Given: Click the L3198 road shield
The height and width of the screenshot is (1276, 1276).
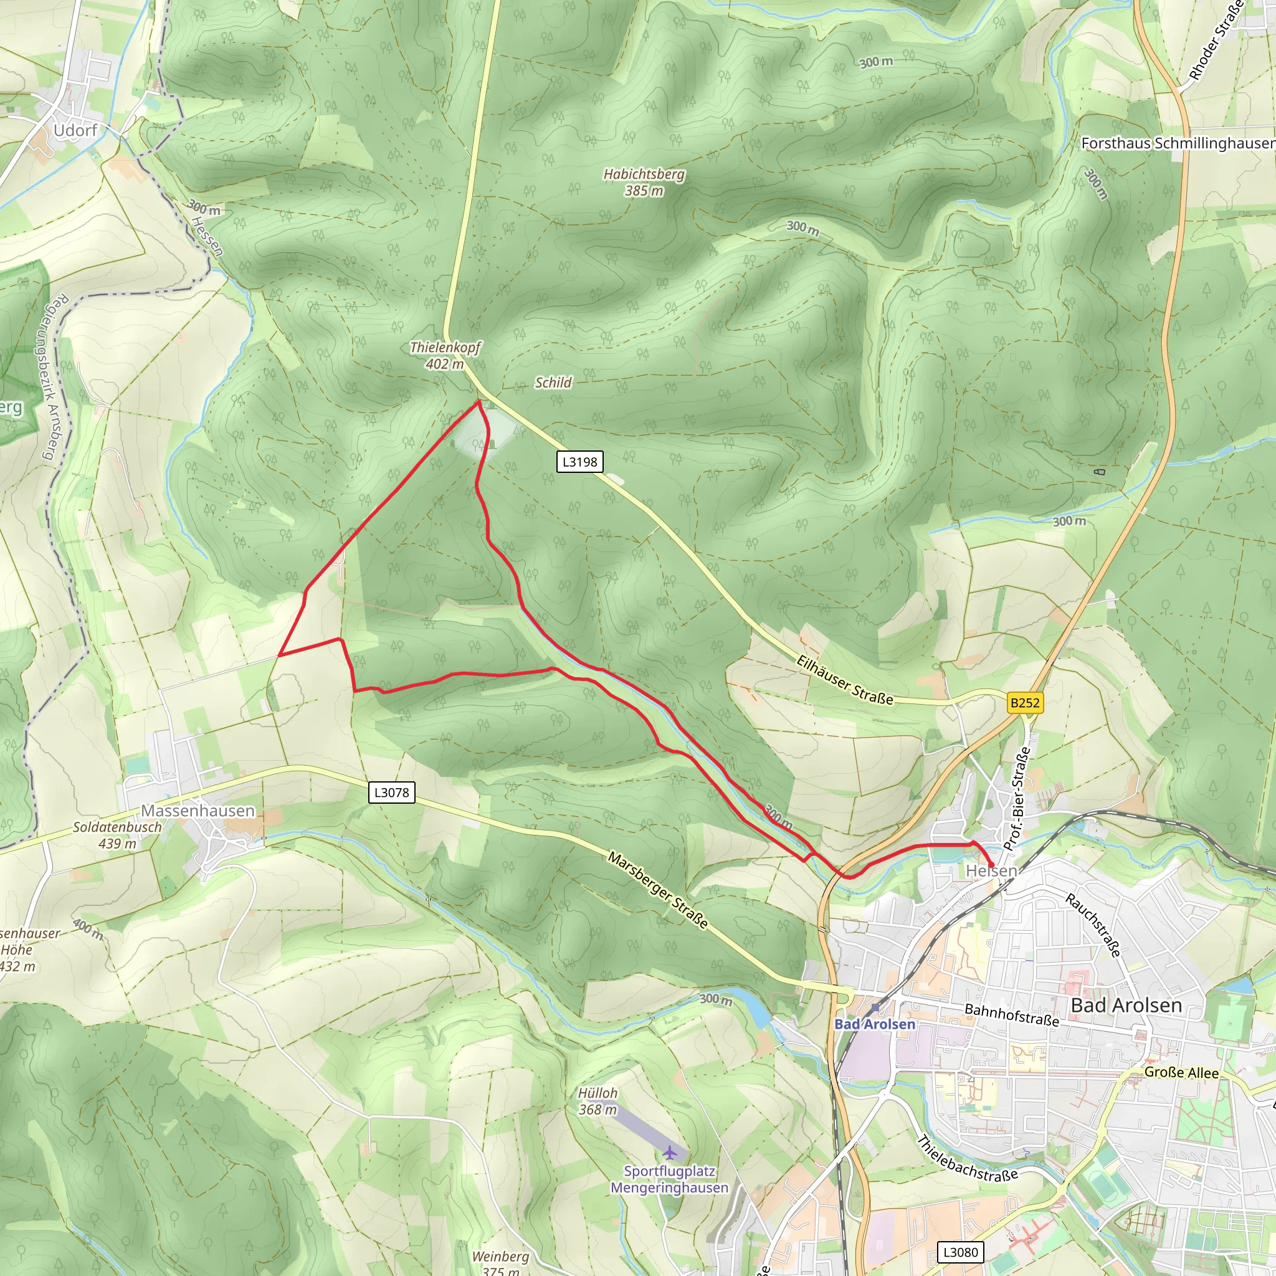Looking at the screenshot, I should click(579, 462).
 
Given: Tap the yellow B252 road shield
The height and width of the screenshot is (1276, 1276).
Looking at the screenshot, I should click(1025, 703).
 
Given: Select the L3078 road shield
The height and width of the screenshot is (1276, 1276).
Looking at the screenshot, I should click(392, 793).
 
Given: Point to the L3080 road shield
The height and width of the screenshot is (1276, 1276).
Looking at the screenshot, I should click(960, 1252).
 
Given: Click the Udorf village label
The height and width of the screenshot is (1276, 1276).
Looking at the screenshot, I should click(75, 130).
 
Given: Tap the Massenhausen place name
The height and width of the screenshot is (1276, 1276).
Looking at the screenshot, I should click(198, 811).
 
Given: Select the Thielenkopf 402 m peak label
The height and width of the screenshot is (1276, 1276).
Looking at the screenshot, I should click(445, 355).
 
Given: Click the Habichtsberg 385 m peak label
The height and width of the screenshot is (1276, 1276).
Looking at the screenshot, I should click(644, 183).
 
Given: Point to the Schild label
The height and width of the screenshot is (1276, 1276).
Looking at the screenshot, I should click(553, 383).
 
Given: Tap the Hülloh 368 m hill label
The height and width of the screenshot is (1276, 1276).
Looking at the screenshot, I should click(598, 1101).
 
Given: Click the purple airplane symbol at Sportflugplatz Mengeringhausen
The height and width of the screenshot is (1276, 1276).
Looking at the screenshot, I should click(670, 1153).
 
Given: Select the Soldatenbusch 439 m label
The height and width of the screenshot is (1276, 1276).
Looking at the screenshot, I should click(117, 835).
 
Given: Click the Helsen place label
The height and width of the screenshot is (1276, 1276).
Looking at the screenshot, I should click(991, 871).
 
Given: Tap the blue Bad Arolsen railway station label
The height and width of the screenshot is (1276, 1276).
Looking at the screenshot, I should click(875, 1024).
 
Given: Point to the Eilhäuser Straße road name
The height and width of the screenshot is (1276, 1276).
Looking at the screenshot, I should click(845, 680).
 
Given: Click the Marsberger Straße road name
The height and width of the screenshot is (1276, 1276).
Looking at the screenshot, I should click(658, 890).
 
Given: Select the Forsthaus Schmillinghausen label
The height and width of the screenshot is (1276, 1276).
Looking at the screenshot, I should click(1178, 143).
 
